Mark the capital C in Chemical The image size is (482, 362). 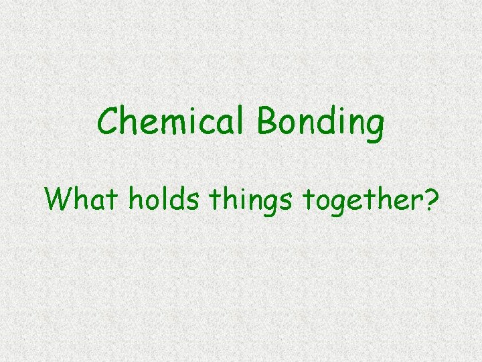click(109, 122)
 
